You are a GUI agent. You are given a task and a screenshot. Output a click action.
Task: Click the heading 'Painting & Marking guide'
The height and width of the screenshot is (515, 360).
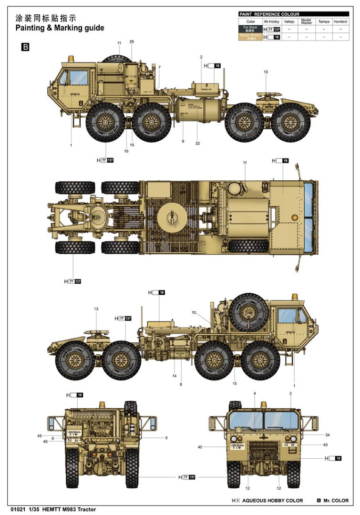(x=60, y=28)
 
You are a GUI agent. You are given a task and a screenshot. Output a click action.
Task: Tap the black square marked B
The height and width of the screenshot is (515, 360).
(x=25, y=47)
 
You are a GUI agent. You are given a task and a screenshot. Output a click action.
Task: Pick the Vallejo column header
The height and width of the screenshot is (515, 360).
(x=289, y=21)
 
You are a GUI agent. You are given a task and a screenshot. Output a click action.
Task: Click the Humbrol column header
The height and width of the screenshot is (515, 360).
(x=340, y=21)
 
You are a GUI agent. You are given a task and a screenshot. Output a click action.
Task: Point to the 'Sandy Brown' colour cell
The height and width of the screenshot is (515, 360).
(x=250, y=37)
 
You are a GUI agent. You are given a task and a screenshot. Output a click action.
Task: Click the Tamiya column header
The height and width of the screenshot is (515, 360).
(x=323, y=21)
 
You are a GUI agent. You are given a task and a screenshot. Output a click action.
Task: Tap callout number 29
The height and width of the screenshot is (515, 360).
(x=132, y=42)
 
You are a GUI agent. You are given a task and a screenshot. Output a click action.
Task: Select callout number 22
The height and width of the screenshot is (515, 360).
(x=197, y=143)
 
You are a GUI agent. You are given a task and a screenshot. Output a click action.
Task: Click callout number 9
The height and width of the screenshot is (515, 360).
(x=183, y=141)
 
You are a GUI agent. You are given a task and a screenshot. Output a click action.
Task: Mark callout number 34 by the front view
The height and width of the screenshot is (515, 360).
(x=328, y=435)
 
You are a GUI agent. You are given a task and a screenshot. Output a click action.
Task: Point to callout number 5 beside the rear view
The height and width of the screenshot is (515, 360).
(x=166, y=438)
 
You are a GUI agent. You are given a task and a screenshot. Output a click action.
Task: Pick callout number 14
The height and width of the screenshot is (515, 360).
(x=175, y=375)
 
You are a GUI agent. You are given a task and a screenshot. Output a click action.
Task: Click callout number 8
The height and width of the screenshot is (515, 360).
(x=181, y=384)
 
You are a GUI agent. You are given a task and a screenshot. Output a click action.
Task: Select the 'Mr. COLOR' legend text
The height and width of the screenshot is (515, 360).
(x=336, y=500)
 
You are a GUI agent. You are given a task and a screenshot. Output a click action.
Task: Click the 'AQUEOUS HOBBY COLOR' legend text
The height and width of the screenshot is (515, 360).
(x=272, y=500)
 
